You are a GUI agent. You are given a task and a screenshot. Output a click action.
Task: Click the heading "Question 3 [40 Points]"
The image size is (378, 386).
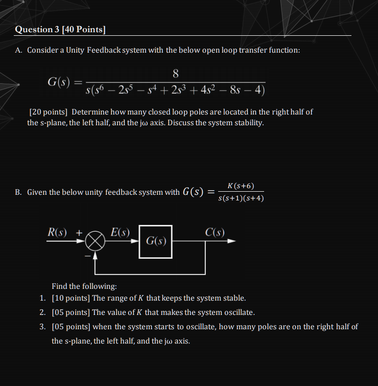point(60,29)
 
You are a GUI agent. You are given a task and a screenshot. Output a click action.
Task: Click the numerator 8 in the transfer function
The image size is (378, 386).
point(175,72)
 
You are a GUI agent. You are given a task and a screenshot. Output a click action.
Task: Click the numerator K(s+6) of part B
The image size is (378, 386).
point(241,186)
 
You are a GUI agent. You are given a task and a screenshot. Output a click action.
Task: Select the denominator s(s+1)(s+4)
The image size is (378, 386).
point(241,198)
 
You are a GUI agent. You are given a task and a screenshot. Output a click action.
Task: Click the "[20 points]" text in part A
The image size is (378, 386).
point(49,112)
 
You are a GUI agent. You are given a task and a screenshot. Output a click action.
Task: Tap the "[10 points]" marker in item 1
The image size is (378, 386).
point(70,298)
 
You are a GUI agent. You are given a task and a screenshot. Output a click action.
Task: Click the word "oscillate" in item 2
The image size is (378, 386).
point(237,312)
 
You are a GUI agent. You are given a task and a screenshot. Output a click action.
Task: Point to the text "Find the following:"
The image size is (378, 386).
point(84,286)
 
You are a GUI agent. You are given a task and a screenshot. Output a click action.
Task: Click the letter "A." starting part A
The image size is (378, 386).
point(18,51)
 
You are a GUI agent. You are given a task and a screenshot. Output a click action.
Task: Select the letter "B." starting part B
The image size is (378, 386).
point(18,192)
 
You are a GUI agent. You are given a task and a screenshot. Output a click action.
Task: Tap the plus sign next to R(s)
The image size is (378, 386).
point(79,233)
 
